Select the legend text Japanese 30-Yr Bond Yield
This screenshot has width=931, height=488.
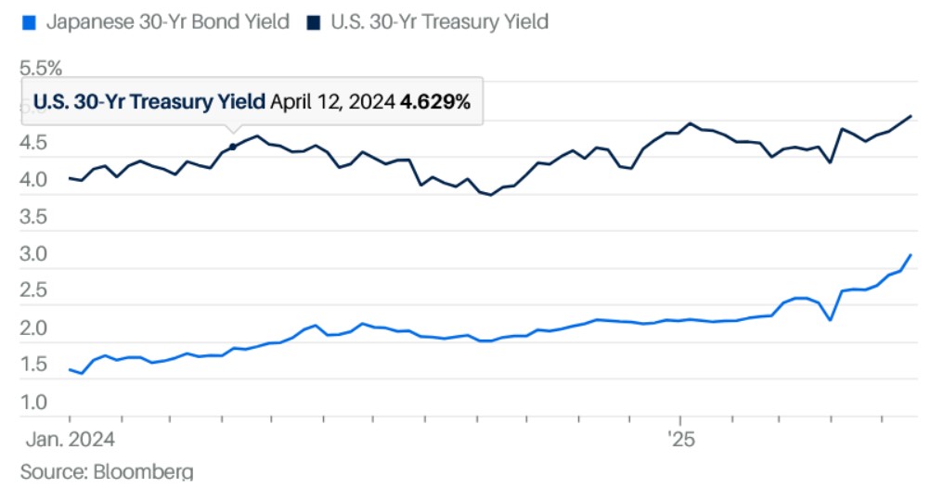(x=167, y=21)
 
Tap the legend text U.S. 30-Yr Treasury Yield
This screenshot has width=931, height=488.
(x=439, y=21)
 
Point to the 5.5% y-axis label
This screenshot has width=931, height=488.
(x=42, y=69)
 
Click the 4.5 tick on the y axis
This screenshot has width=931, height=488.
(x=36, y=144)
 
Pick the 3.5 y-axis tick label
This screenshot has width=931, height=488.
(x=36, y=218)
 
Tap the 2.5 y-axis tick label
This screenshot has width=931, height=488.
(x=36, y=291)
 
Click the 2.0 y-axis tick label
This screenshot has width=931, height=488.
(x=36, y=328)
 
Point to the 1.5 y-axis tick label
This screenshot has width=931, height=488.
(x=36, y=366)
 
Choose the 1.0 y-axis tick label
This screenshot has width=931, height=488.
(x=36, y=403)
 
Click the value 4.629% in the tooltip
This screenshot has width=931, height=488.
(x=434, y=102)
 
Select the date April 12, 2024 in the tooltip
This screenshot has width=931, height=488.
(x=332, y=102)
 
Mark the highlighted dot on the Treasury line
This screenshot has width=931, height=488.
(x=233, y=147)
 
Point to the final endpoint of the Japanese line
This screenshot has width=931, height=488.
(x=911, y=255)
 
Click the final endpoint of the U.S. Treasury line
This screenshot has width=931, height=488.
(x=911, y=116)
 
